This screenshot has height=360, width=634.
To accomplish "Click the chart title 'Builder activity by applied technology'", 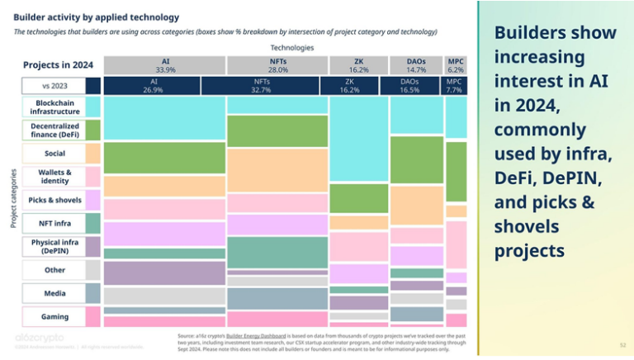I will [x=97, y=17].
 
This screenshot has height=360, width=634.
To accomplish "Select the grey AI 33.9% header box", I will [x=165, y=65].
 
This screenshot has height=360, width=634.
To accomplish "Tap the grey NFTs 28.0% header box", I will [x=277, y=65].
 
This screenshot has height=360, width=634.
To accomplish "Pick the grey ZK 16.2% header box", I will [x=358, y=65].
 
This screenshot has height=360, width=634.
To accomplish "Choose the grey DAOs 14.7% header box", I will [x=416, y=65].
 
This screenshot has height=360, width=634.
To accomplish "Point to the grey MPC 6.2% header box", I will [x=456, y=65].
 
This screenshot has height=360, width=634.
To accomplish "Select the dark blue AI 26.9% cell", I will [x=153, y=86].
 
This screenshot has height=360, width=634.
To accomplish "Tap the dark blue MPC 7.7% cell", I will [x=455, y=86].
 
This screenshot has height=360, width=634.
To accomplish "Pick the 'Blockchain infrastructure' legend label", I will [x=54, y=107].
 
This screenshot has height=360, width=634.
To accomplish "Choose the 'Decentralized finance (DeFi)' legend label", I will [x=54, y=130].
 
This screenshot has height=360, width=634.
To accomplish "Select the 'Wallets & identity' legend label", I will [x=54, y=177].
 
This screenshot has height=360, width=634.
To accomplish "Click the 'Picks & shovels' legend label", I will [x=54, y=200].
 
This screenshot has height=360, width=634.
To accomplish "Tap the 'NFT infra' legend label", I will [x=54, y=223].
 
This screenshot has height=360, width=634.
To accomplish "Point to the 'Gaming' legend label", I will [x=54, y=316].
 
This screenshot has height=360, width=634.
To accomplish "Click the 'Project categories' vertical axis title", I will [x=12, y=198].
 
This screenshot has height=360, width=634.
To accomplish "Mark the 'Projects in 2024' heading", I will [x=59, y=65].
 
